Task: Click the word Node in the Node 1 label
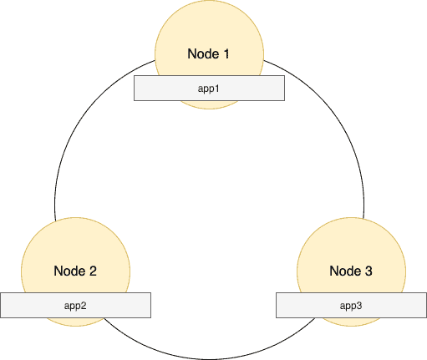pos(203,53)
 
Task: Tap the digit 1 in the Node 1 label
pos(226,53)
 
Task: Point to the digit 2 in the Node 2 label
pos(93,271)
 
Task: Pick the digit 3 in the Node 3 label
pos(369,271)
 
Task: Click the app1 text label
pos(209,89)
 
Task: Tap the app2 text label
pos(75,306)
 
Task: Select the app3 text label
pos(351,306)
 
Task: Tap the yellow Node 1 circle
pos(209,33)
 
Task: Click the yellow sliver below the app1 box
pos(209,104)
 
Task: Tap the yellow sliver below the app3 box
pos(351,322)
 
